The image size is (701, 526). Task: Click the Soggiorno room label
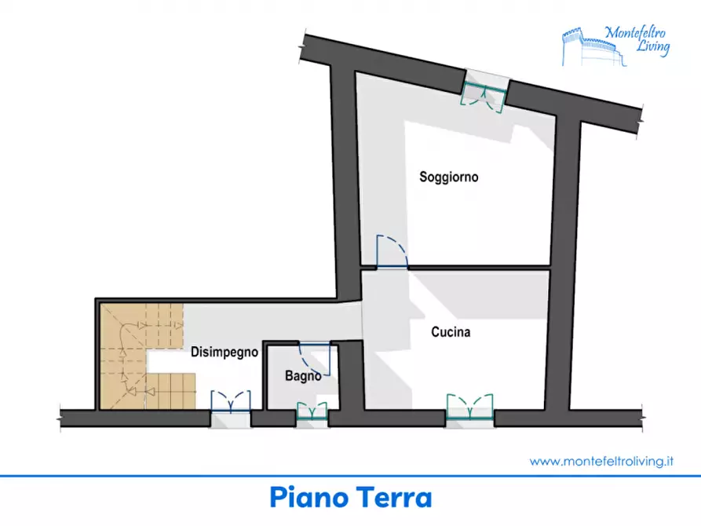click(448, 177)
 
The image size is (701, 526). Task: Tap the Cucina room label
click(451, 332)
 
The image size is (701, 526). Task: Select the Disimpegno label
click(225, 352)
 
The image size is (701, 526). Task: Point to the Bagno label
click(302, 376)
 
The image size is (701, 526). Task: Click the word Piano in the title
click(309, 498)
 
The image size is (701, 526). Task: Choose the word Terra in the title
click(394, 498)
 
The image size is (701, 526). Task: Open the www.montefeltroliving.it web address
click(602, 462)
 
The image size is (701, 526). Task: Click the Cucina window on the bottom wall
click(469, 408)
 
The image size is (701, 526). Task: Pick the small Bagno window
click(312, 411)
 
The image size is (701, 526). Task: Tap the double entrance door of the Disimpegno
click(231, 404)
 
